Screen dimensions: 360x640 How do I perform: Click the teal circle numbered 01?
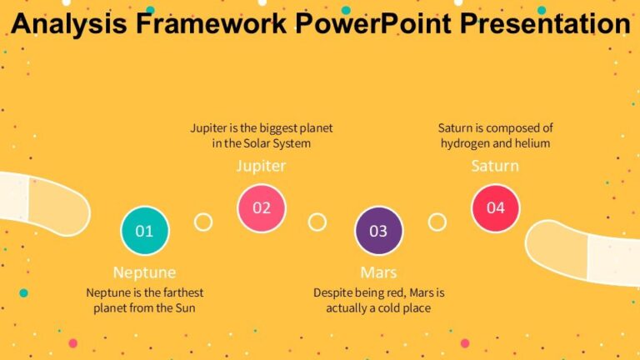(145, 231)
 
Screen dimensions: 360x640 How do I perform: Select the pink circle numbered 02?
(262, 208)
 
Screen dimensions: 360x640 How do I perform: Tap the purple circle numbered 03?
(378, 231)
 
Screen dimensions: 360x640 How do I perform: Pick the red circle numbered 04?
(496, 208)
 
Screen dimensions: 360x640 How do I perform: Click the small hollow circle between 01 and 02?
(203, 222)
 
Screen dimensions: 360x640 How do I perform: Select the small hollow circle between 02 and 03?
(317, 222)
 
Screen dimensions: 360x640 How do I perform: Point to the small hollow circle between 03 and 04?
(437, 222)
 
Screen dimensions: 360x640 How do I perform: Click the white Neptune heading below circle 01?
(145, 272)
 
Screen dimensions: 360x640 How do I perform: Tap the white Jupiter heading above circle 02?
(261, 166)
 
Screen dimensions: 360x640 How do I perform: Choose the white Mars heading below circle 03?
(378, 272)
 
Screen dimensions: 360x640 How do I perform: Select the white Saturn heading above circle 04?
(495, 166)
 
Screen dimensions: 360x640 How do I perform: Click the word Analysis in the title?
(67, 25)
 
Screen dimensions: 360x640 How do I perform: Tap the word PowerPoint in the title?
(374, 25)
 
